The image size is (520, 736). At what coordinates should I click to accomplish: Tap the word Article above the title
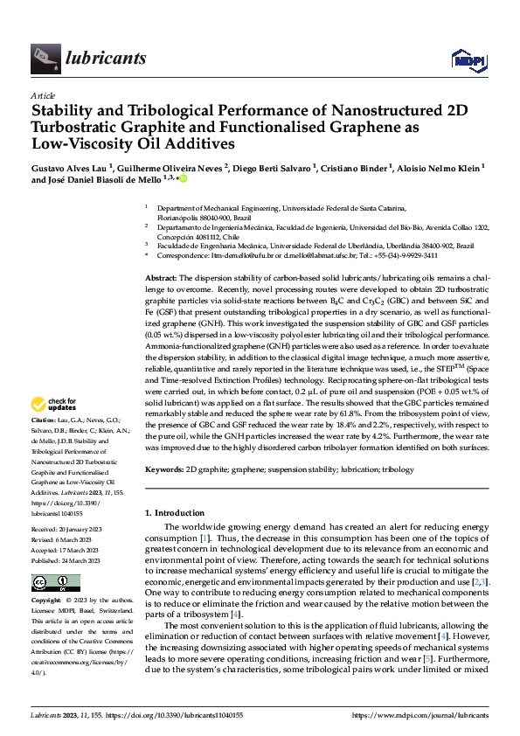pos(43,95)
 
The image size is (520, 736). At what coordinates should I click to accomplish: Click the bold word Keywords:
pos(164,470)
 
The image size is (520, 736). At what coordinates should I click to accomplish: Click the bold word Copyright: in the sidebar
pos(48,601)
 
